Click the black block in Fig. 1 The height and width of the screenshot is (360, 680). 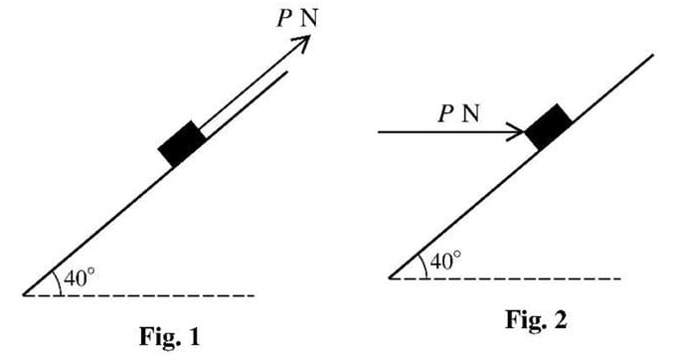[182, 143]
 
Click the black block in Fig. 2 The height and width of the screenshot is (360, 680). [548, 126]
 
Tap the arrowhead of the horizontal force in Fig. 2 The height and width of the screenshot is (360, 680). [519, 131]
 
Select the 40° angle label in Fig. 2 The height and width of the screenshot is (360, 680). [444, 263]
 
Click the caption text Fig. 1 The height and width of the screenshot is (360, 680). [172, 335]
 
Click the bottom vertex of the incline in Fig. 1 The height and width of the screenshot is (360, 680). [24, 295]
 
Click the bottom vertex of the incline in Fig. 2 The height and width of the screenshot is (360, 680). [390, 278]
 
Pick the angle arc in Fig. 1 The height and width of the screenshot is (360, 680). [58, 281]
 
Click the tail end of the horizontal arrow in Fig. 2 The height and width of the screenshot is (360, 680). [380, 131]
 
